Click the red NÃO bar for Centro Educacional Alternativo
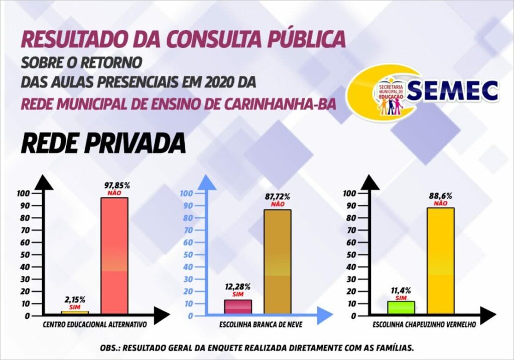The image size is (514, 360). [114, 256]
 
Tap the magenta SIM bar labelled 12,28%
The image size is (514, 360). [238, 307]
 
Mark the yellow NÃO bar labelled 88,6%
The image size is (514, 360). [441, 261]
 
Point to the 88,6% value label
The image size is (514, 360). [440, 196]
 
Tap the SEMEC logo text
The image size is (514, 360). [452, 91]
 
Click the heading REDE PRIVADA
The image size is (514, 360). [103, 144]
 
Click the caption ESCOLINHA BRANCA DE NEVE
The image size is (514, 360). [261, 325]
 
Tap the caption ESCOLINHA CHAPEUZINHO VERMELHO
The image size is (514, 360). [424, 325]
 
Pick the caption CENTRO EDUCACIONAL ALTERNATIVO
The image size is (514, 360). [95, 325]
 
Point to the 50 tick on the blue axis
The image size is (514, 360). [187, 255]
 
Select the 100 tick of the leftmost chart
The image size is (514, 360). [23, 193]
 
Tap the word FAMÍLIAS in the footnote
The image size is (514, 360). [392, 347]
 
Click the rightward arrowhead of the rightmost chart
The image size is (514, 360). [486, 316]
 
